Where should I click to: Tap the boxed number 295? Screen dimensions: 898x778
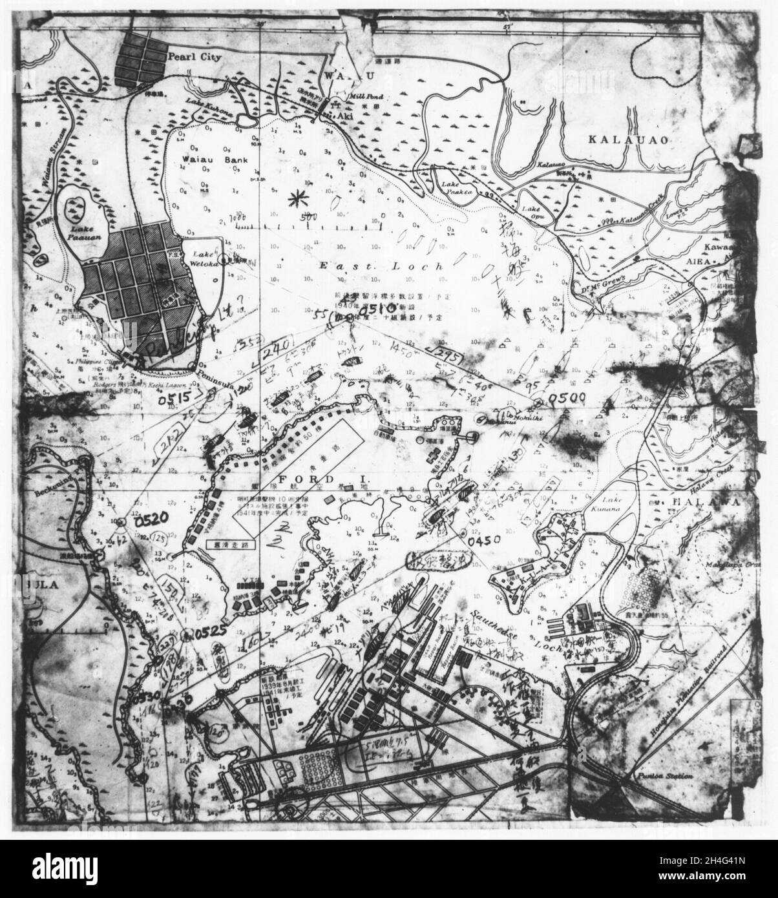click(445, 353)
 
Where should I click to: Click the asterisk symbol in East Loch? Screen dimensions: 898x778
click(297, 198)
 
